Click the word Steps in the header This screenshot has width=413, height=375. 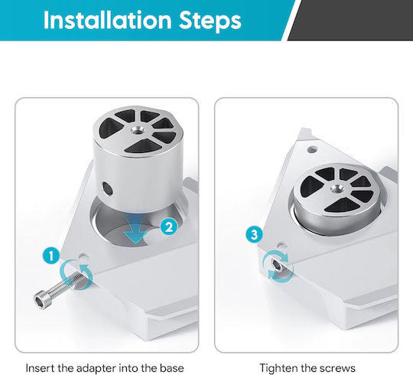(x=210, y=21)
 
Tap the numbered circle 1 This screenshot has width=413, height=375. (x=51, y=256)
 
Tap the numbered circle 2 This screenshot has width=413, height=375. (x=169, y=227)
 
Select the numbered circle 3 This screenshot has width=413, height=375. (x=254, y=234)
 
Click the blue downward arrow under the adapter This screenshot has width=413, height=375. (x=136, y=228)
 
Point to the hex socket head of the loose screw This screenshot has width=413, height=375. (x=42, y=300)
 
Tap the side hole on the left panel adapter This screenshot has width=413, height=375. (x=108, y=188)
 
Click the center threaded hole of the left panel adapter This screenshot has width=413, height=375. (x=138, y=130)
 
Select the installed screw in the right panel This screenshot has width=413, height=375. (x=277, y=266)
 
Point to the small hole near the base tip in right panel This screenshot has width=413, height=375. (x=312, y=150)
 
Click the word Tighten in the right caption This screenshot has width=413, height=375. (x=279, y=368)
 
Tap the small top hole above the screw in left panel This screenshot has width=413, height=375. (x=84, y=256)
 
